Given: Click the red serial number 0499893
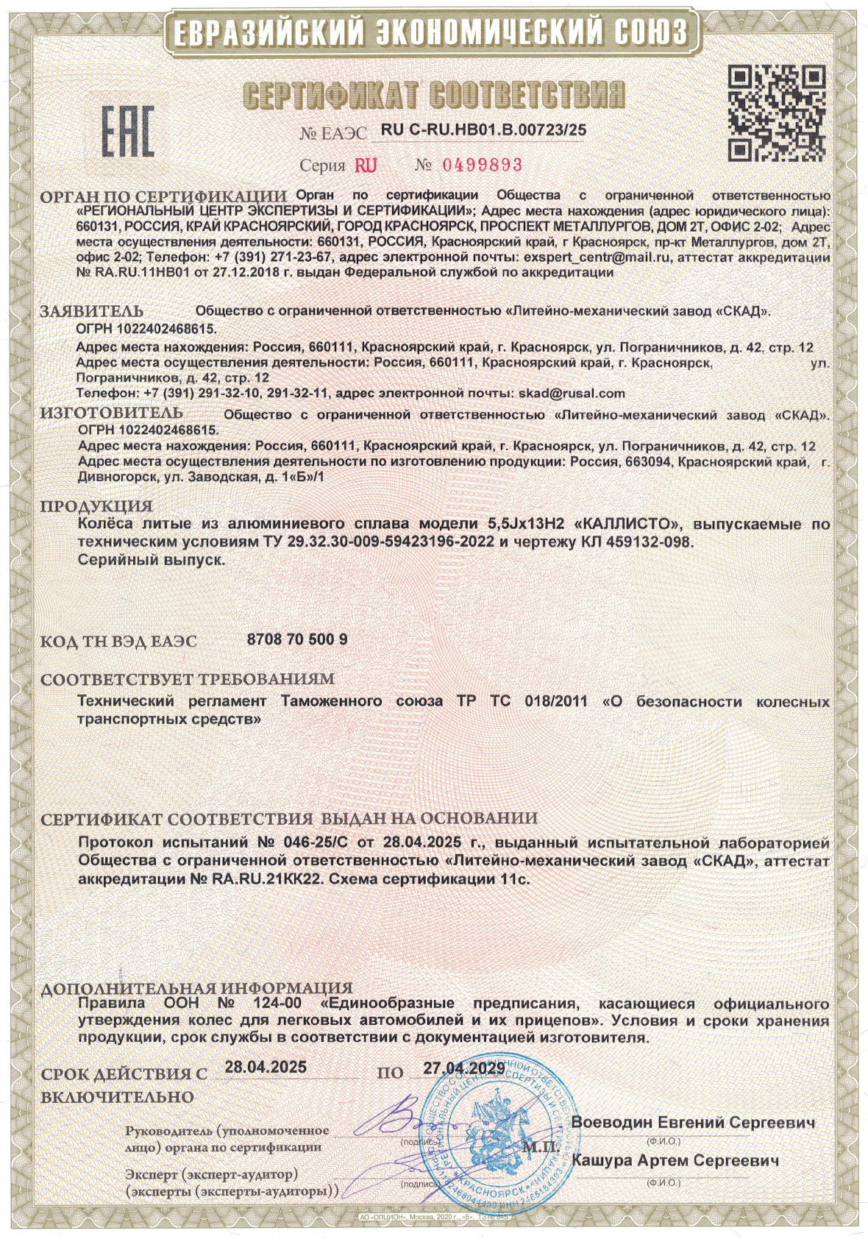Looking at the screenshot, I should click(x=481, y=164).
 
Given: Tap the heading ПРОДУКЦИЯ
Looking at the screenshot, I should click(x=96, y=507).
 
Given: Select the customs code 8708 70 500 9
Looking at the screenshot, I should click(x=295, y=639).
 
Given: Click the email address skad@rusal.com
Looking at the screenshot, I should click(x=572, y=394).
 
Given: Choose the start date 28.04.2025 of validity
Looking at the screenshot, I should click(x=266, y=1067).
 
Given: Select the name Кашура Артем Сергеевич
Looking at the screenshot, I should click(x=675, y=1160).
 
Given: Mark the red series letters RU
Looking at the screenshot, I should click(x=366, y=165).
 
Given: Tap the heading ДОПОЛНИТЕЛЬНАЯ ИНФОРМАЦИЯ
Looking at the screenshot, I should click(x=196, y=987).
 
